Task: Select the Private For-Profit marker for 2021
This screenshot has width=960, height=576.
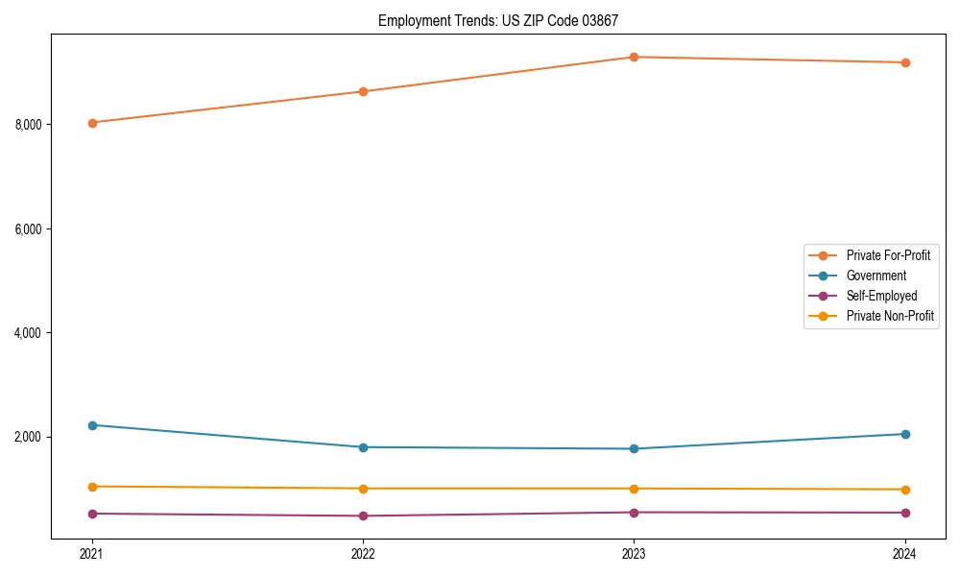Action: point(92,123)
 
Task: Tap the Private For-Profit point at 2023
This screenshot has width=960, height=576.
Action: point(634,57)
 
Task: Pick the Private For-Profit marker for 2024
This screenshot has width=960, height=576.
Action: point(904,62)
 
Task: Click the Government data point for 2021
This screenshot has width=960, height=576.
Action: point(92,425)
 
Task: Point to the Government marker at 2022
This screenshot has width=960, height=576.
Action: point(363,447)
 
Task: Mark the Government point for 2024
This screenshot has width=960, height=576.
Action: point(904,434)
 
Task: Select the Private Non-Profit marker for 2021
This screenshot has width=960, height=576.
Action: point(92,487)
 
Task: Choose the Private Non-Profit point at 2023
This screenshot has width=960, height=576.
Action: point(634,489)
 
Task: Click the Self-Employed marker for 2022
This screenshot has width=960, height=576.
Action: point(363,516)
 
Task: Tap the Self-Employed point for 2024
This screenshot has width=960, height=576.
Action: point(904,513)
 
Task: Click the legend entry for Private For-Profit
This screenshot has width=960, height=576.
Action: point(888,255)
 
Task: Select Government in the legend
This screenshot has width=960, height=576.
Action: point(876,276)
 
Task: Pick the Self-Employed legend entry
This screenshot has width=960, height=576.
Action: point(881,296)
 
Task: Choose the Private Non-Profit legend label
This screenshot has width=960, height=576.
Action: point(890,316)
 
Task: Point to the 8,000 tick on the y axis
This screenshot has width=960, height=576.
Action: point(28,125)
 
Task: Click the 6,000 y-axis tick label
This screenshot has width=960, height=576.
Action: point(28,229)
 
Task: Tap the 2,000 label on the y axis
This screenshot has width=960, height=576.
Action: point(28,438)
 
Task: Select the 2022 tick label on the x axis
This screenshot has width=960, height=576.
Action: point(363,554)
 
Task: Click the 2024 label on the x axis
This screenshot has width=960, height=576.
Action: point(904,554)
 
